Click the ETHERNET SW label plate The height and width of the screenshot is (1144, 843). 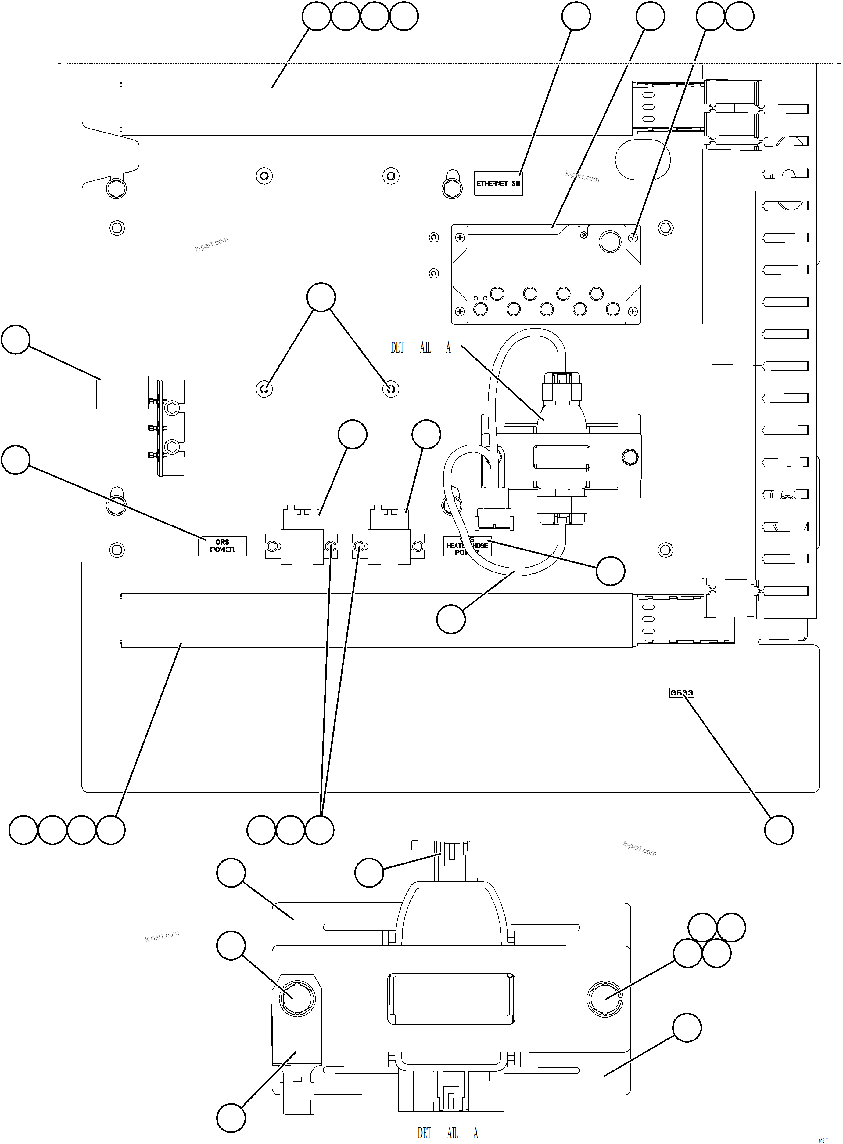coord(498,183)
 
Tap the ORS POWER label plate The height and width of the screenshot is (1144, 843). coord(222,546)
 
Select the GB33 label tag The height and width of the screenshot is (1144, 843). coord(681,693)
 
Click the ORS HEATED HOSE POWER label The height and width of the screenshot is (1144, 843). coord(467,546)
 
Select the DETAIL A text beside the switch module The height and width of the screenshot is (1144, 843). coord(421,348)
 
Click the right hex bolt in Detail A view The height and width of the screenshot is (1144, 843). coord(605,998)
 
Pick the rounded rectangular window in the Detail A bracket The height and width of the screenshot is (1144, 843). coord(451,998)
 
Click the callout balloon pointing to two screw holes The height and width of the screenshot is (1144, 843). coord(321,297)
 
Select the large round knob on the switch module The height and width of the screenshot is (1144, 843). coord(609,242)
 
